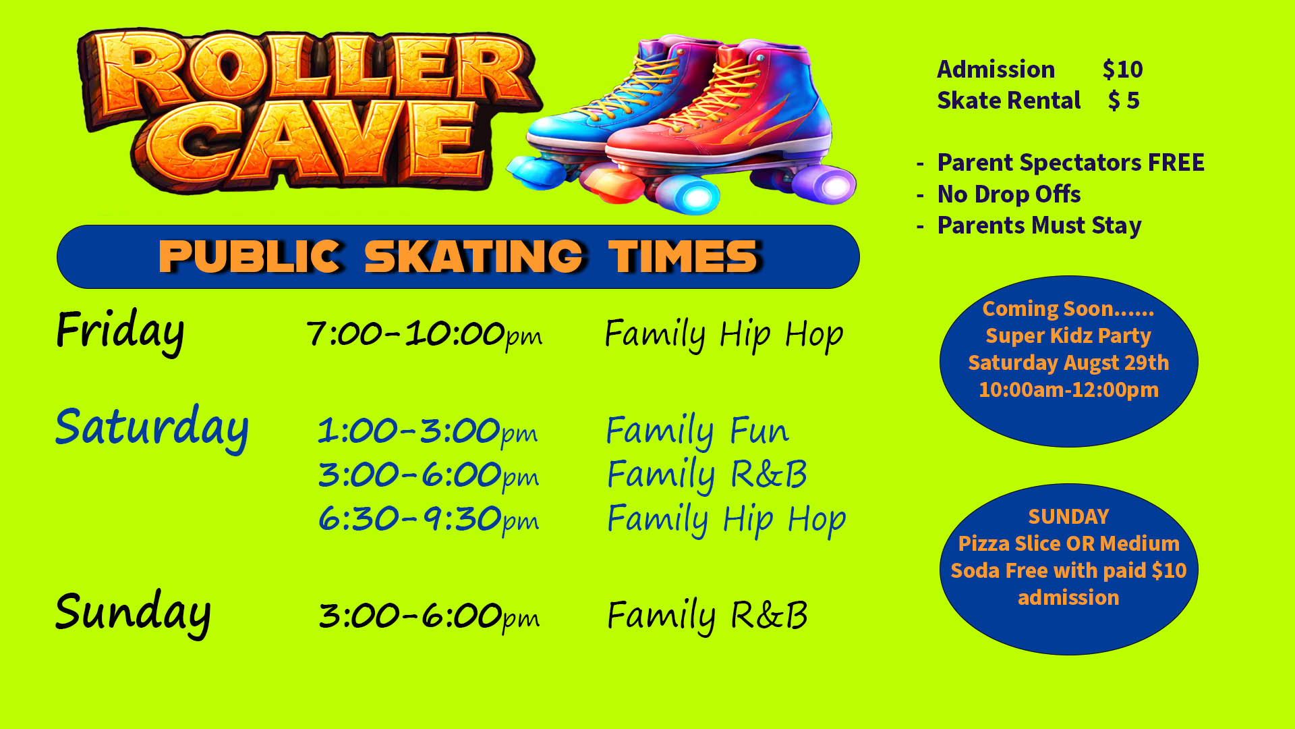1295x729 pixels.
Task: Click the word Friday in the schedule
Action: coord(120,331)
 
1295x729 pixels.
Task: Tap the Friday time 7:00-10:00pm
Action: coord(424,333)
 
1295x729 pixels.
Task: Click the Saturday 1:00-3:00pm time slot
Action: coord(428,431)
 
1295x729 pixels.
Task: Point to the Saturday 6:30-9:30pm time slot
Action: coord(428,519)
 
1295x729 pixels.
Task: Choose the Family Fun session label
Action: coord(697,431)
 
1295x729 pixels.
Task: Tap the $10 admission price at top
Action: coord(1122,69)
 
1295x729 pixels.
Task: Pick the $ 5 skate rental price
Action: coord(1124,101)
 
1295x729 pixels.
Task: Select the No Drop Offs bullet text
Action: coord(1009,194)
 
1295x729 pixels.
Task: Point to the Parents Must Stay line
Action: coord(1039,225)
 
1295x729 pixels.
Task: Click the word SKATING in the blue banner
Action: coord(474,256)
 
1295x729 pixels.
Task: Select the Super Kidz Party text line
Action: coord(1068,335)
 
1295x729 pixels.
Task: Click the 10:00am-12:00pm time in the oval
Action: coord(1068,389)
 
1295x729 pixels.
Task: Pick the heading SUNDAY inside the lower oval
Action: coord(1068,516)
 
